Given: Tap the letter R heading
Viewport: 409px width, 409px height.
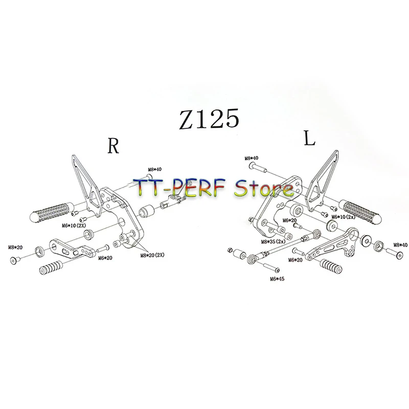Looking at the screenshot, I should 113,146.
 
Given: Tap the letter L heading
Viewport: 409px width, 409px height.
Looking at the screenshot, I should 309,140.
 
